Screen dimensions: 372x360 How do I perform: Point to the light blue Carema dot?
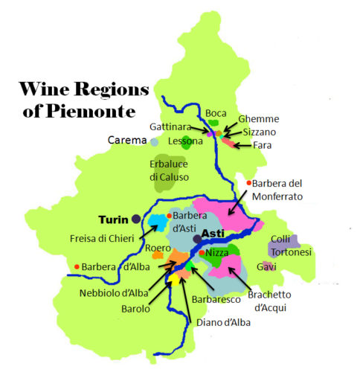tap(154, 141)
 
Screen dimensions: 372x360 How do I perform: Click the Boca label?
tap(216, 112)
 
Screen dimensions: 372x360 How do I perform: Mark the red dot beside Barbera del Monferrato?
tap(248, 183)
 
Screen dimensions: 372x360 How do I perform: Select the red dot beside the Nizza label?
tap(202, 253)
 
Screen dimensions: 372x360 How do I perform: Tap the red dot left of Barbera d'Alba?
tap(77, 267)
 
